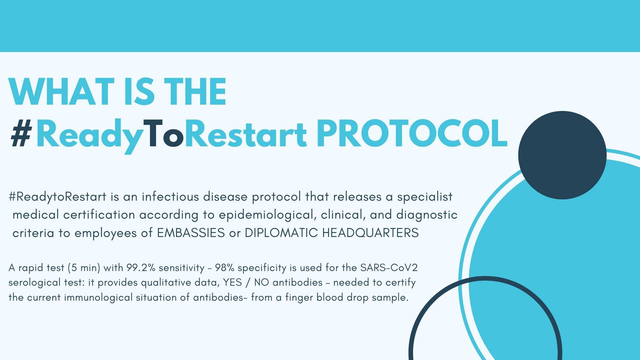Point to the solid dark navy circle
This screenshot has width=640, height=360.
[x=562, y=155]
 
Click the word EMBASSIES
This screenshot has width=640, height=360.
[x=191, y=233]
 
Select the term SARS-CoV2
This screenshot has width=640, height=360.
[x=389, y=268]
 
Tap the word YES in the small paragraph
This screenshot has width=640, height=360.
[x=232, y=283]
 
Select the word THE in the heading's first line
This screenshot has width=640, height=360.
[x=197, y=91]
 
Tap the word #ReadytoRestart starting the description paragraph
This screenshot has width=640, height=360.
[x=57, y=197]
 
